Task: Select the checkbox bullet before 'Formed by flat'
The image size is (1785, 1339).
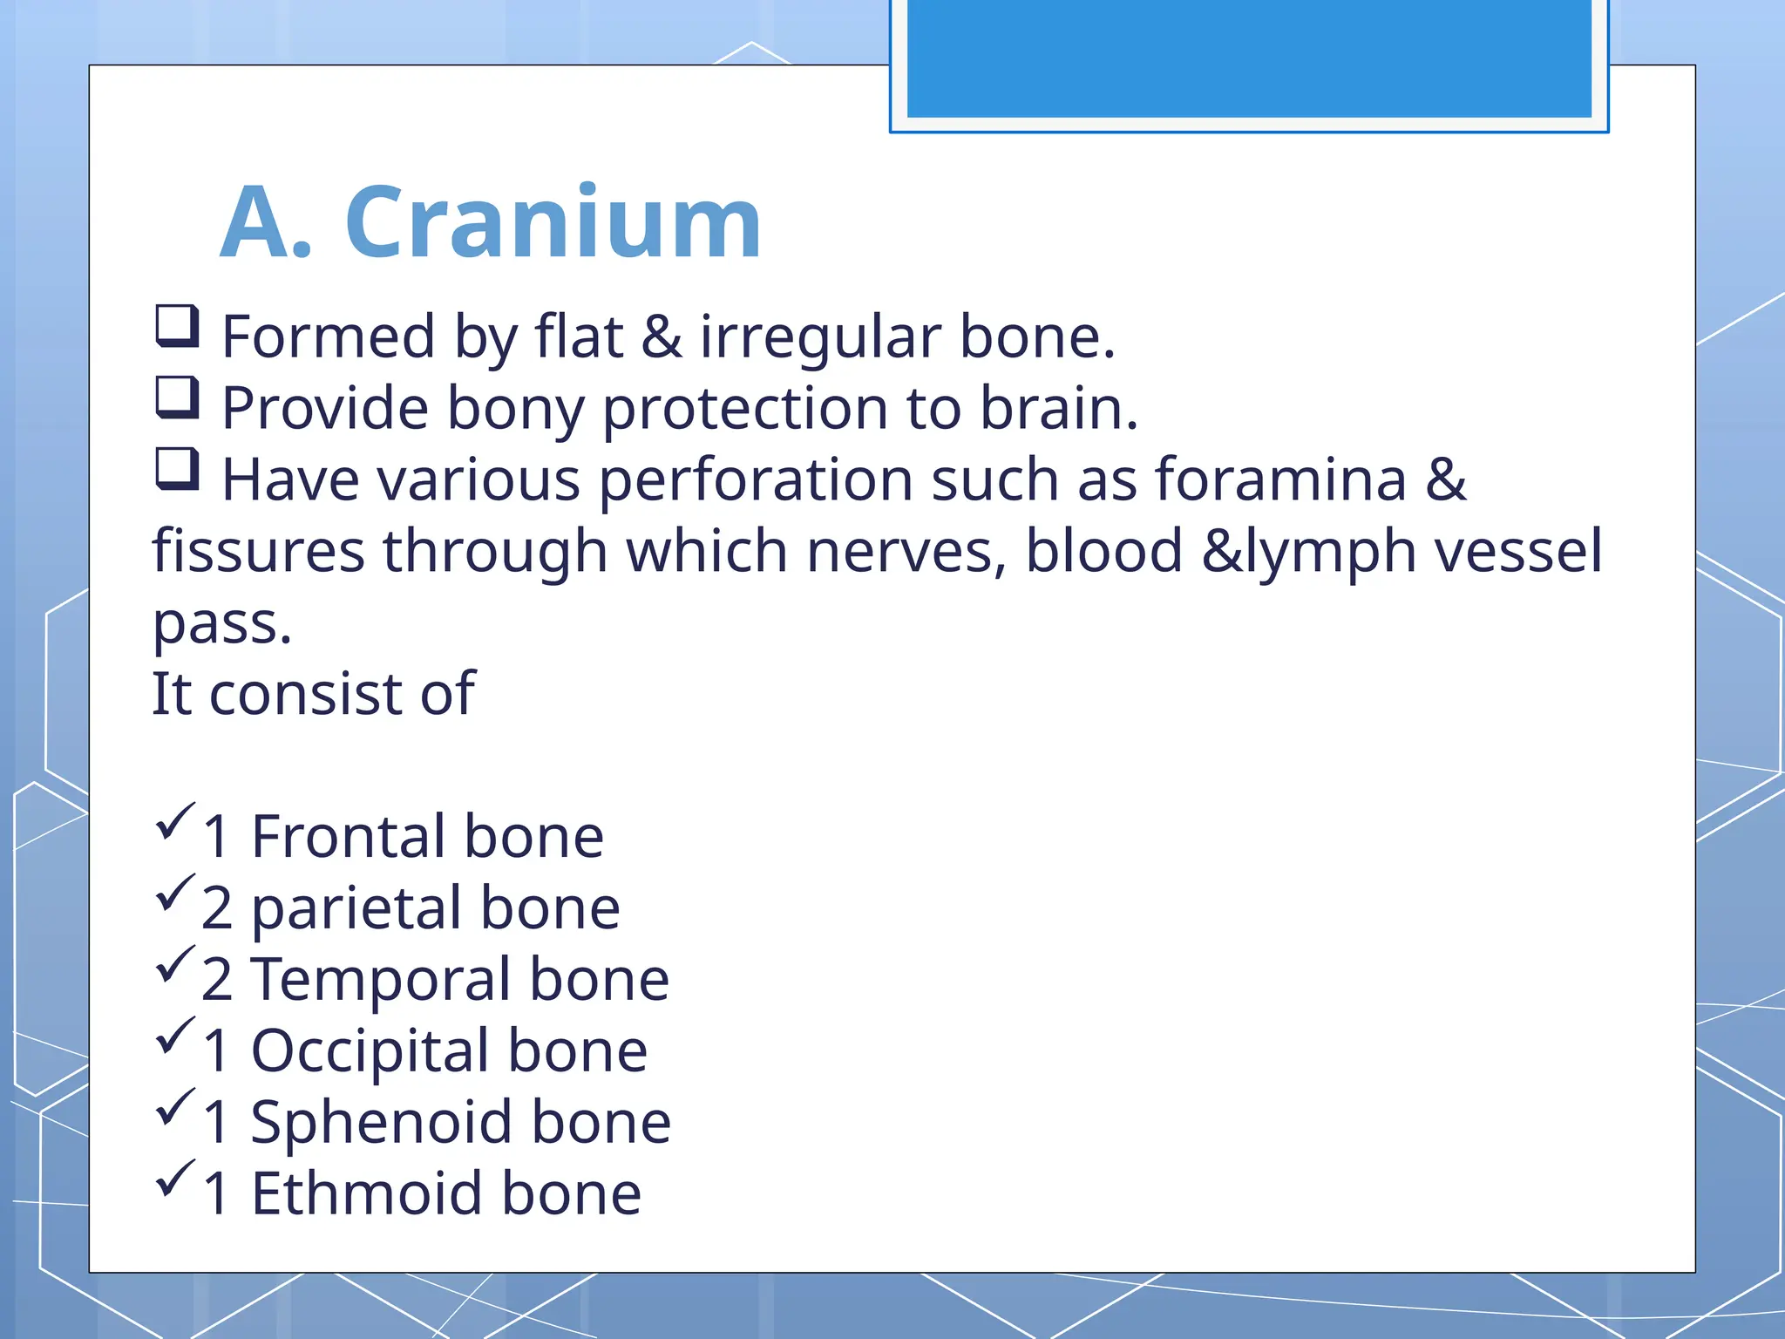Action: coord(178,326)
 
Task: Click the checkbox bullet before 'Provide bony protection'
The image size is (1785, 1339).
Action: coord(178,398)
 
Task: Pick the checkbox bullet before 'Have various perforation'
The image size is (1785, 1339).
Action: coord(178,469)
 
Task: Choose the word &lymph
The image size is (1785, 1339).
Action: coord(1308,553)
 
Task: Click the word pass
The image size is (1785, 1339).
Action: coord(221,624)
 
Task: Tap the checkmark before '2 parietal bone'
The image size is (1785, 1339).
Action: coord(175,894)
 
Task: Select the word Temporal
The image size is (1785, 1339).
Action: coord(380,980)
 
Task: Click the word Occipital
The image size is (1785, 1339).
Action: coord(369,1051)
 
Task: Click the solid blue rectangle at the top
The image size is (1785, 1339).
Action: coord(1248,58)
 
